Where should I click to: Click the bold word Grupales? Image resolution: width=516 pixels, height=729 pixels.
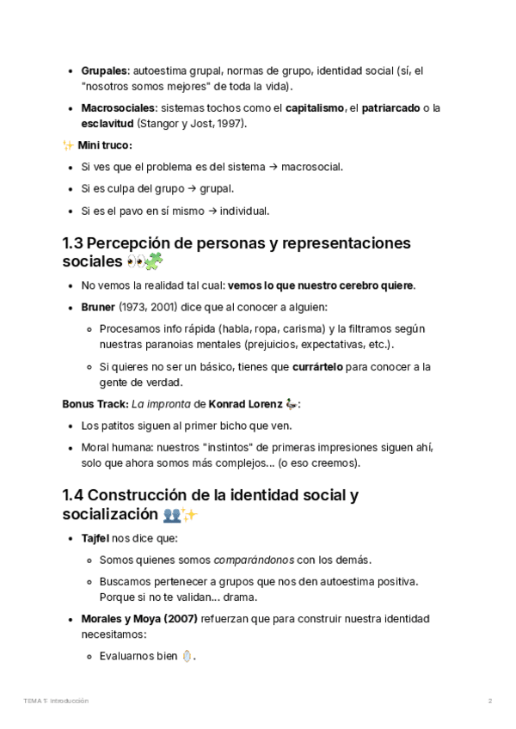pos(104,70)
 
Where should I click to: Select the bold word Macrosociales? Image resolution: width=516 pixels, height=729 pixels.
pos(118,107)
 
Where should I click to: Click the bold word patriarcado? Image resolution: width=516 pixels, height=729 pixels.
pos(390,107)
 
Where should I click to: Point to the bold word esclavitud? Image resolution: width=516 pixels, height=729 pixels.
pos(107,124)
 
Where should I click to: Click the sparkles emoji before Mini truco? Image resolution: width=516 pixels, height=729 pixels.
pos(69,146)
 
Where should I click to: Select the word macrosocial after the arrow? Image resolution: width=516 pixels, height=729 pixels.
pos(313,167)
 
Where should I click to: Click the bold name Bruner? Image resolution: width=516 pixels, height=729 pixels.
pos(99,307)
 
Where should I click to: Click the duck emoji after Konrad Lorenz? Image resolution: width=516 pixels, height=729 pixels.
pos(292,404)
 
